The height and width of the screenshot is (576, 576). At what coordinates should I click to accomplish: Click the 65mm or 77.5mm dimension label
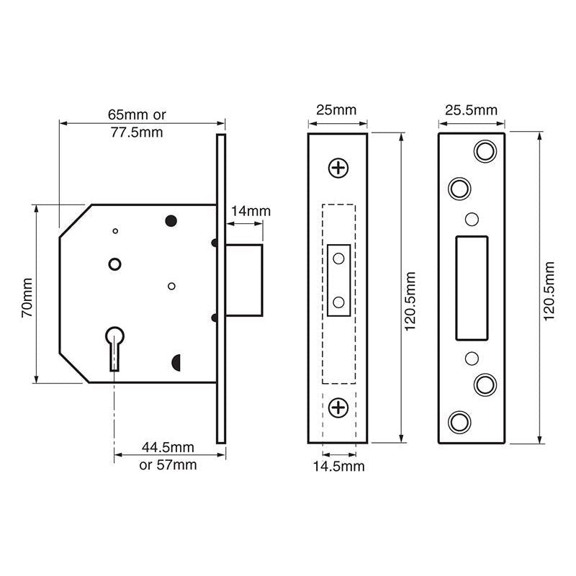[136, 123]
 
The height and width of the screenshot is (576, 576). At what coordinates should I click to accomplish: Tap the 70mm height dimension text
[26, 297]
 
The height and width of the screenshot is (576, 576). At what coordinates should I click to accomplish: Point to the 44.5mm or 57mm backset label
[168, 456]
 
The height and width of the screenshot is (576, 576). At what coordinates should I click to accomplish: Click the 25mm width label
[336, 110]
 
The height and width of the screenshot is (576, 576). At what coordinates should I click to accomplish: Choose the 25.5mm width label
[471, 110]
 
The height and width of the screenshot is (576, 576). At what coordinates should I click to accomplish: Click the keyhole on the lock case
[114, 346]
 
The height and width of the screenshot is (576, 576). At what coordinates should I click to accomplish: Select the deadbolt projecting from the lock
[245, 279]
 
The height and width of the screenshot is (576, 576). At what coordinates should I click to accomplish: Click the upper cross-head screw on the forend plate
[338, 168]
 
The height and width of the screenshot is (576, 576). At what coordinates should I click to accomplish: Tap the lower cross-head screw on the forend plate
[338, 409]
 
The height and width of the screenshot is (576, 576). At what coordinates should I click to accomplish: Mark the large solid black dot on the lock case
[171, 220]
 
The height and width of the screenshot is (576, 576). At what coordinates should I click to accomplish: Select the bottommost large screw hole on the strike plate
[458, 422]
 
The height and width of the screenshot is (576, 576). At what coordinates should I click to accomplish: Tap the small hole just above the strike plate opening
[472, 219]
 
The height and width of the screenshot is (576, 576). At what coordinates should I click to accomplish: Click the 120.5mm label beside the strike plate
[549, 289]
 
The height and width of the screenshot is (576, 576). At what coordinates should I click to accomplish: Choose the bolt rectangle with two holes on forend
[338, 281]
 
